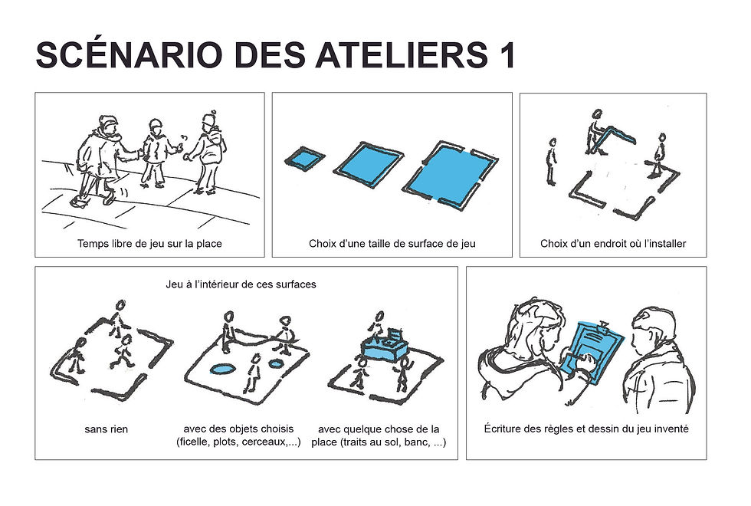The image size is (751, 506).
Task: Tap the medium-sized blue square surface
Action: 368,166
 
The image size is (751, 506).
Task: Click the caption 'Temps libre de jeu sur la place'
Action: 149,245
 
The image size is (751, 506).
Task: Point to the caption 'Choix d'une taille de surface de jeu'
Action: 392,245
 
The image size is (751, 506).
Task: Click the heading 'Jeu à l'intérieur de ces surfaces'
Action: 241,284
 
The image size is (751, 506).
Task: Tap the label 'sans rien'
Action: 106,429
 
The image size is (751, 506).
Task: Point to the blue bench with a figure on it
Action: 385,346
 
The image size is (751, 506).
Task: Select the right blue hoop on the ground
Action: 278,364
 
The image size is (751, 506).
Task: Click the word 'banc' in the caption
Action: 414,443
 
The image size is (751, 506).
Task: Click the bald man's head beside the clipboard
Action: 654,328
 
